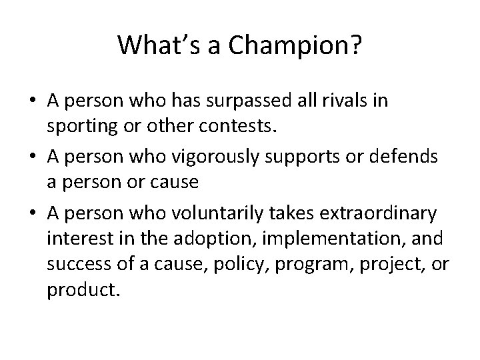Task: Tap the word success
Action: click(x=73, y=259)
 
